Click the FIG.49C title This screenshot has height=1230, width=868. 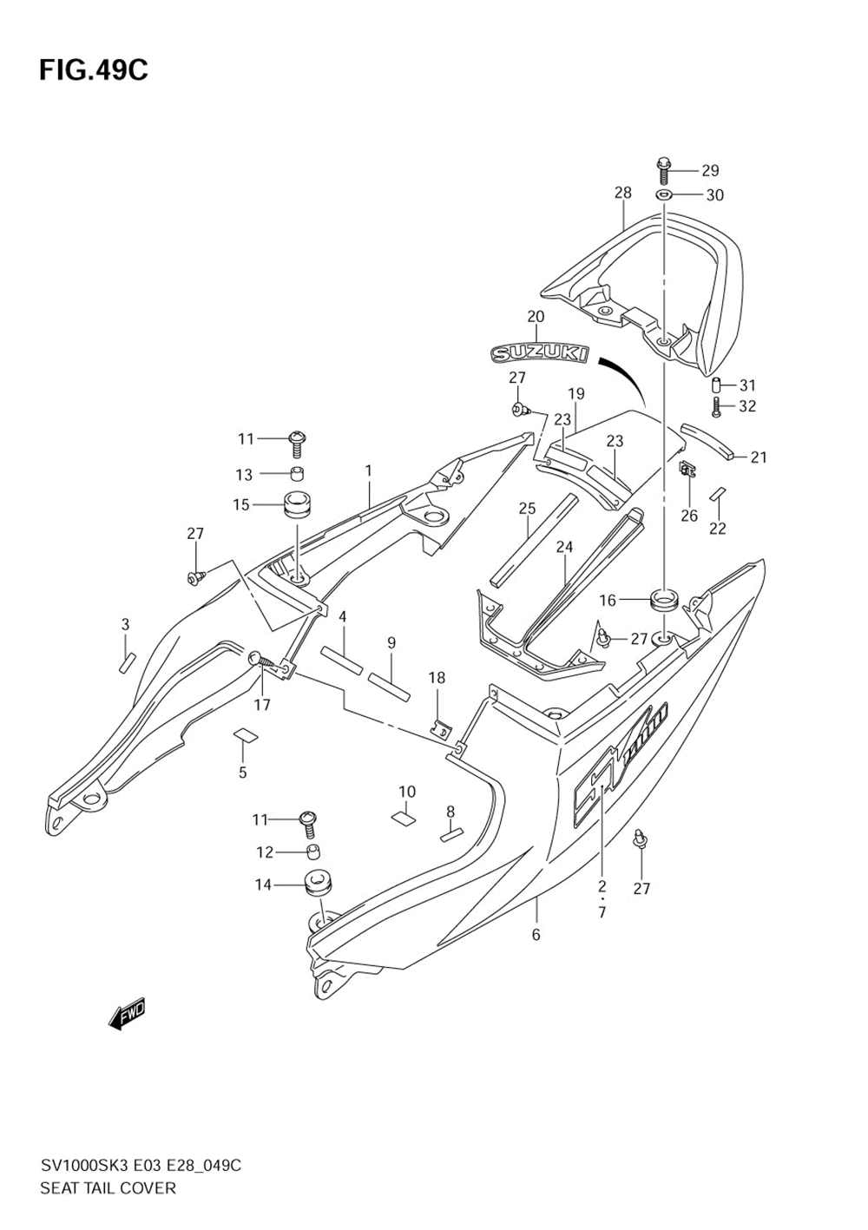click(94, 69)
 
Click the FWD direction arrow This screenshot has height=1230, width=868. click(127, 1013)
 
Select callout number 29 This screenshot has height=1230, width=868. click(710, 170)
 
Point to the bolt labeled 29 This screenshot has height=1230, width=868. click(664, 169)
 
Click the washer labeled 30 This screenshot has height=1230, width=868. click(664, 194)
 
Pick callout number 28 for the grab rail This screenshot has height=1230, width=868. click(622, 193)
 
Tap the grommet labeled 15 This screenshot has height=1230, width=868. click(296, 504)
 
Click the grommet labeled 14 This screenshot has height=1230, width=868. click(319, 885)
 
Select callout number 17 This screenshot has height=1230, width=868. click(261, 705)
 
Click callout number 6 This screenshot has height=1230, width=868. click(536, 934)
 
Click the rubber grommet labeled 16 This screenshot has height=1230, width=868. click(664, 600)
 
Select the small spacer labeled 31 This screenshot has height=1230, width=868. click(717, 385)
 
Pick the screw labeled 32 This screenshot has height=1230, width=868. click(717, 405)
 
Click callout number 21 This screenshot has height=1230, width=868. click(759, 457)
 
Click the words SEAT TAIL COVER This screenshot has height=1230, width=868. click(108, 1187)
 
